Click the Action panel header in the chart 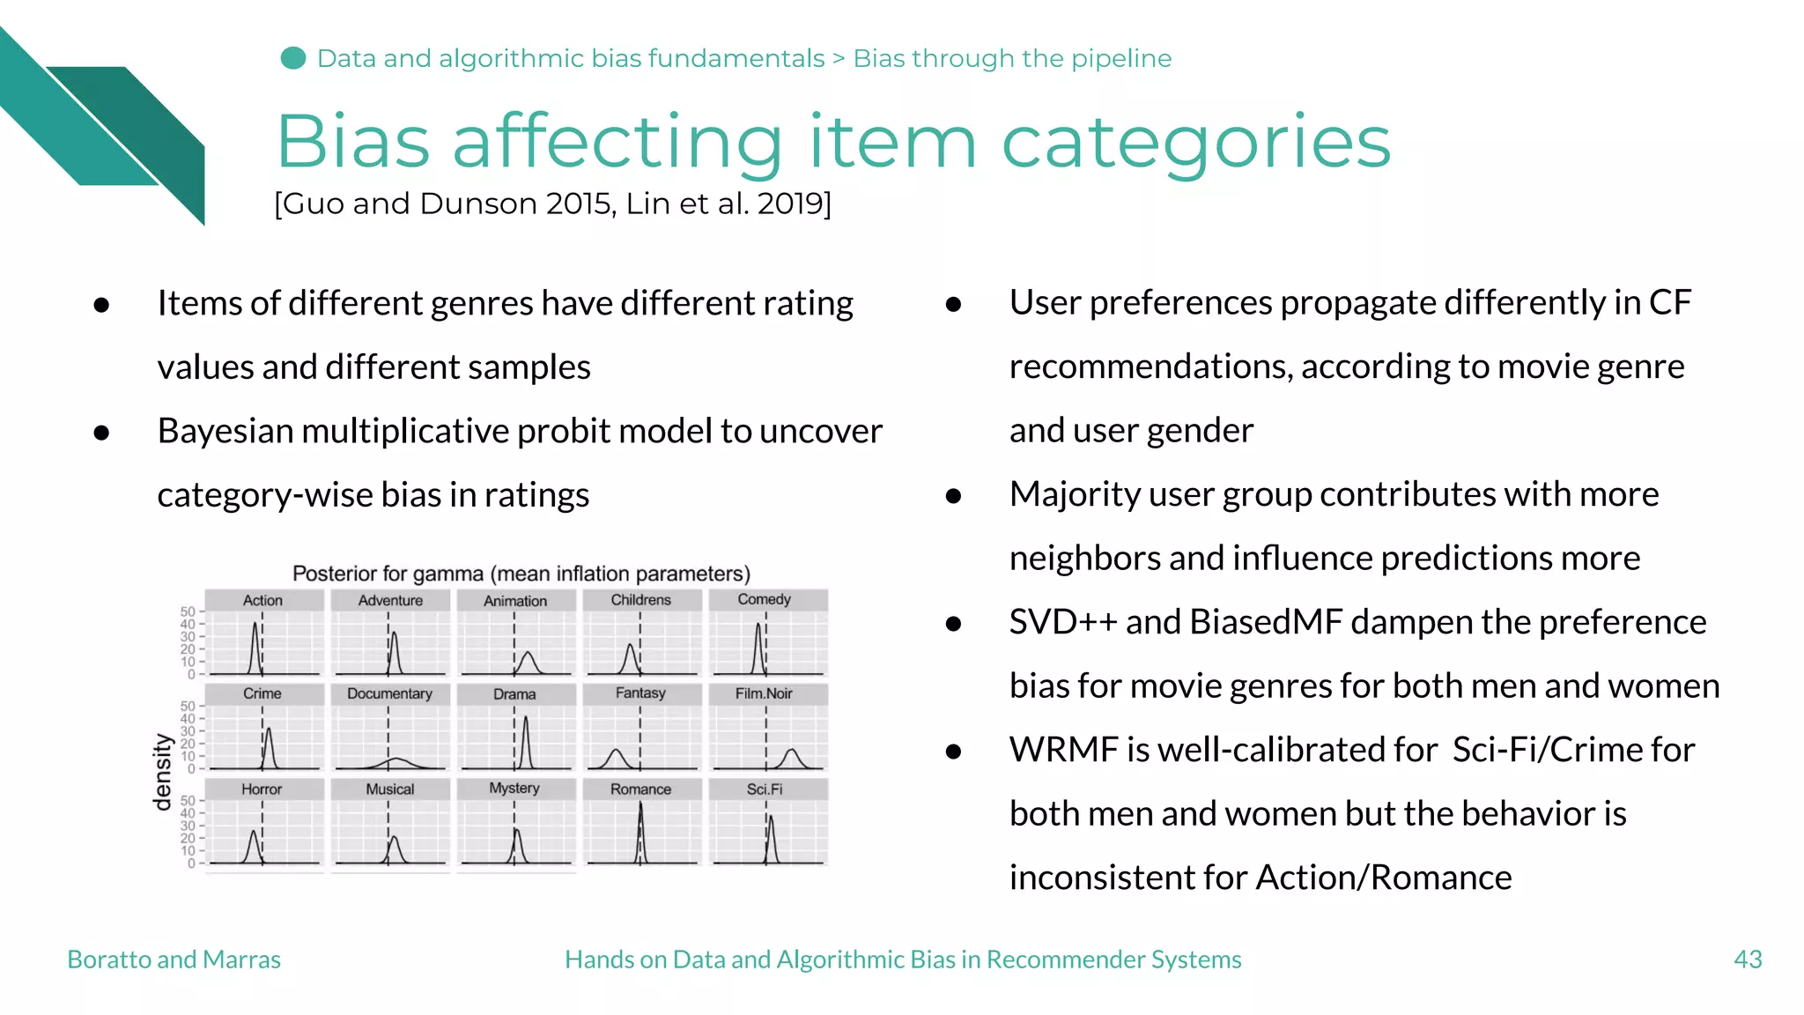262,600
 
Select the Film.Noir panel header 764,693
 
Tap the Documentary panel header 389,693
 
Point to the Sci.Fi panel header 764,789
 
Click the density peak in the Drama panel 526,718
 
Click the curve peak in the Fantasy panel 616,752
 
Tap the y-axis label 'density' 162,772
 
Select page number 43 1747,959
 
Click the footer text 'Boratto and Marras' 174,959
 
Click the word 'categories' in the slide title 1195,143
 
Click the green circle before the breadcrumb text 292,58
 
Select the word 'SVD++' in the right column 1063,622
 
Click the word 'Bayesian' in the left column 225,431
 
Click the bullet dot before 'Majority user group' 952,496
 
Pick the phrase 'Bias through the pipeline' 1012,58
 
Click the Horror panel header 262,789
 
